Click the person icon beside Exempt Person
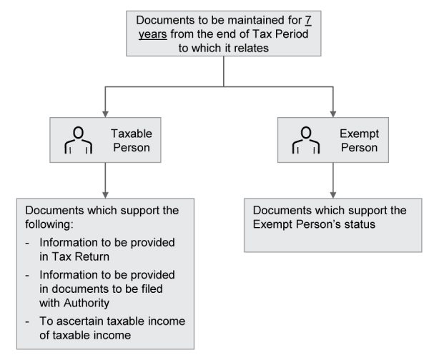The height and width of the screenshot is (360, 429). [x=306, y=140]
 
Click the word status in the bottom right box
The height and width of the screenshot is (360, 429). [x=355, y=224]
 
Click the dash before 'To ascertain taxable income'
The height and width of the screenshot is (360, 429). [x=29, y=321]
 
